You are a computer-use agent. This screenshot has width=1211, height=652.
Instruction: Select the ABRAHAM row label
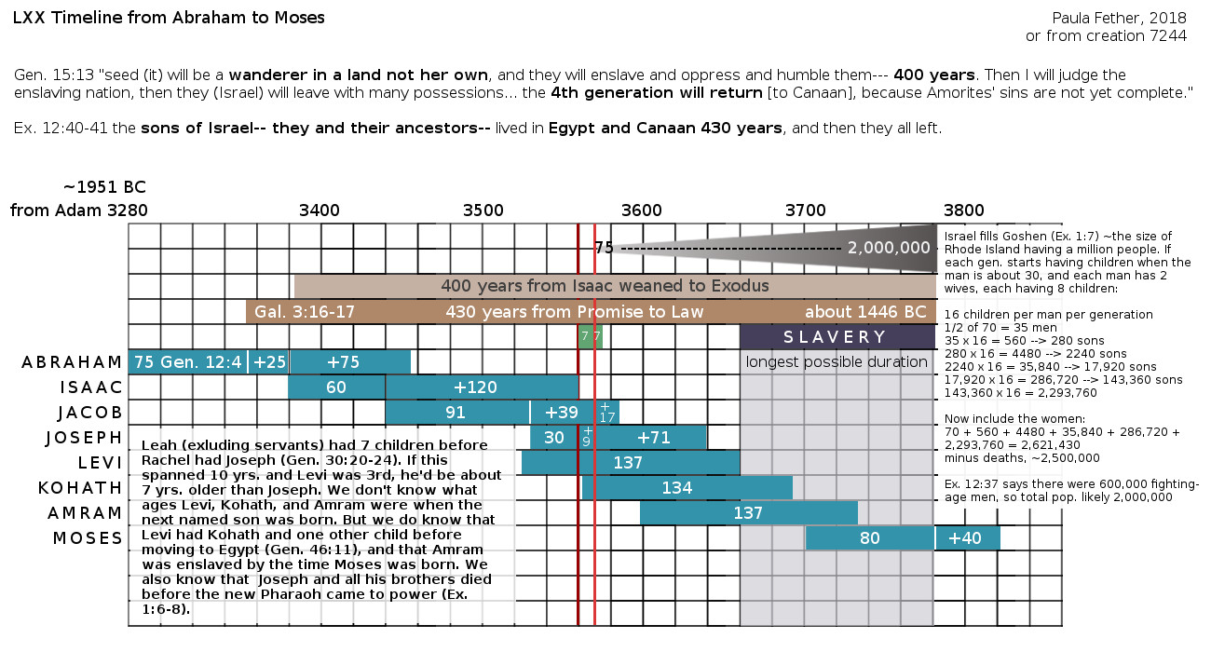click(72, 362)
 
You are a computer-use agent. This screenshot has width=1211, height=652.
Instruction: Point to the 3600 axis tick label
click(641, 211)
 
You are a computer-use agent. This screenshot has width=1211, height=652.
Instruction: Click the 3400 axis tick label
click(319, 211)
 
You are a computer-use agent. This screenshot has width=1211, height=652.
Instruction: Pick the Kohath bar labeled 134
click(687, 487)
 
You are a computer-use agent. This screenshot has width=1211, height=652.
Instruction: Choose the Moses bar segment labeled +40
click(967, 538)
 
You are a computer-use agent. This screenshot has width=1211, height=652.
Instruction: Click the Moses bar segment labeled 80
click(870, 538)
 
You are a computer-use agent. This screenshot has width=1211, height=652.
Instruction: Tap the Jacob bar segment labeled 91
click(456, 413)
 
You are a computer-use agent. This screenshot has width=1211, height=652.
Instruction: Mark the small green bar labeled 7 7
click(591, 336)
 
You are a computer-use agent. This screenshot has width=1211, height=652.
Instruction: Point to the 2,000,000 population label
click(889, 248)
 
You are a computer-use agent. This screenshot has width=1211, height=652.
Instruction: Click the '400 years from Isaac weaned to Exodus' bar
click(605, 286)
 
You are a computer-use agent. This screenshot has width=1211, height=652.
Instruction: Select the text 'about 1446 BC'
click(865, 311)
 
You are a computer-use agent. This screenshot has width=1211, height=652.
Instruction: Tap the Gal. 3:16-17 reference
click(305, 311)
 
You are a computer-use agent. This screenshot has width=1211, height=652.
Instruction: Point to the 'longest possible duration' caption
click(837, 362)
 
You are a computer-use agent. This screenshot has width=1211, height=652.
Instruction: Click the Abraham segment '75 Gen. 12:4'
click(187, 362)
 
